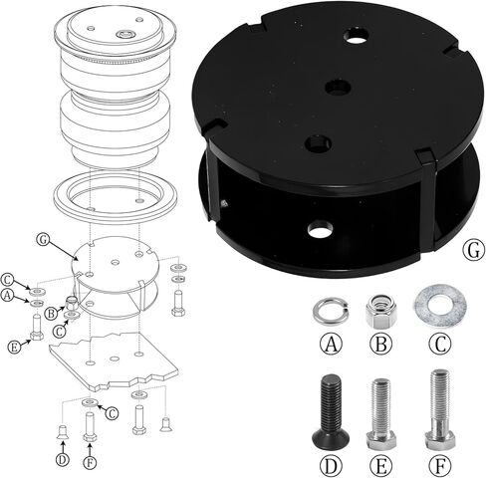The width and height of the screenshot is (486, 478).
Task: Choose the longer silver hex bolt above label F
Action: (438, 409)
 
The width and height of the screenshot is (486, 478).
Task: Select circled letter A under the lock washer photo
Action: (328, 344)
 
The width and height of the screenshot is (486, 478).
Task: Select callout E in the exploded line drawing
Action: (13, 347)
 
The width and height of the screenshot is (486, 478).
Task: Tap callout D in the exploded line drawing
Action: (62, 458)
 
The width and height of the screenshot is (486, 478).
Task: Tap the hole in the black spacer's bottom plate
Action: (320, 231)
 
